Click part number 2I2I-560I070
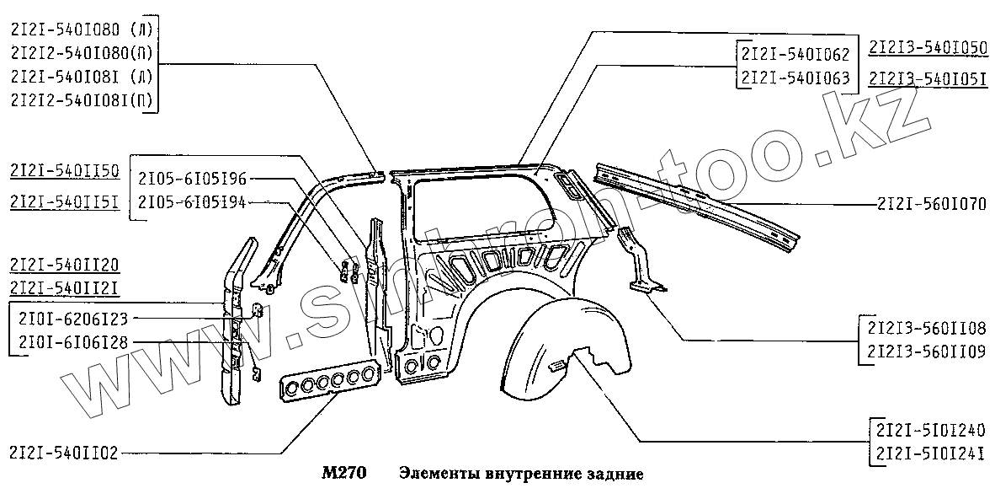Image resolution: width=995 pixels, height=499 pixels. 931,205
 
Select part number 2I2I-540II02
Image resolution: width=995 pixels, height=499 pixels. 63,453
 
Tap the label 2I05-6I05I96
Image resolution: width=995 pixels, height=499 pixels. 192,179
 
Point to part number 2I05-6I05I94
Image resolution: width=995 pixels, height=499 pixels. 192,201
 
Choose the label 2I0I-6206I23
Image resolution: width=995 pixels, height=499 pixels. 72,319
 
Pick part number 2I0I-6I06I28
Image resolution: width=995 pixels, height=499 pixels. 72,342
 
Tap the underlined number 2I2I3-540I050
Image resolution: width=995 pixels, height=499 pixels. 928,47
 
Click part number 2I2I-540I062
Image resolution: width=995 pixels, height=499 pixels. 795,55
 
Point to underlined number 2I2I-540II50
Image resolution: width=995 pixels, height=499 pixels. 64,172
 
